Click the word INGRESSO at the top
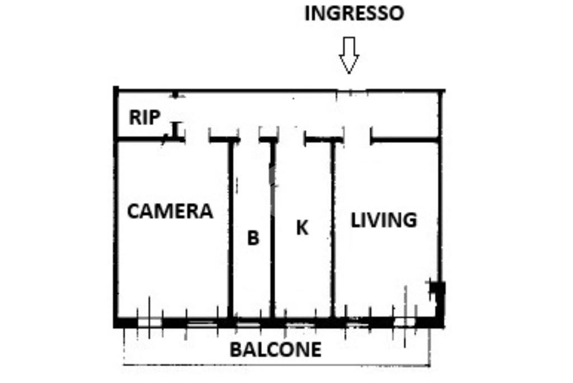pyautogui.click(x=354, y=13)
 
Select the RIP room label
pyautogui.click(x=145, y=117)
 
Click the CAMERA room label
pyautogui.click(x=170, y=211)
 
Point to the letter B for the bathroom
pyautogui.click(x=253, y=238)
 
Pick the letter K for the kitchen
pyautogui.click(x=302, y=228)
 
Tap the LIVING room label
pyautogui.click(x=384, y=220)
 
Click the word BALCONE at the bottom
pyautogui.click(x=276, y=349)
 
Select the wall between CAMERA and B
pyautogui.click(x=229, y=230)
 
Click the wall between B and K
pyautogui.click(x=272, y=230)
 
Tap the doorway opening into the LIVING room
pyautogui.click(x=358, y=139)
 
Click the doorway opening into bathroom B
pyautogui.click(x=250, y=139)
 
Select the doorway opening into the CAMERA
pyautogui.click(x=197, y=139)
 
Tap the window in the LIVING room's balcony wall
pyautogui.click(x=405, y=322)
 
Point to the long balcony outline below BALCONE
pyautogui.click(x=276, y=366)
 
